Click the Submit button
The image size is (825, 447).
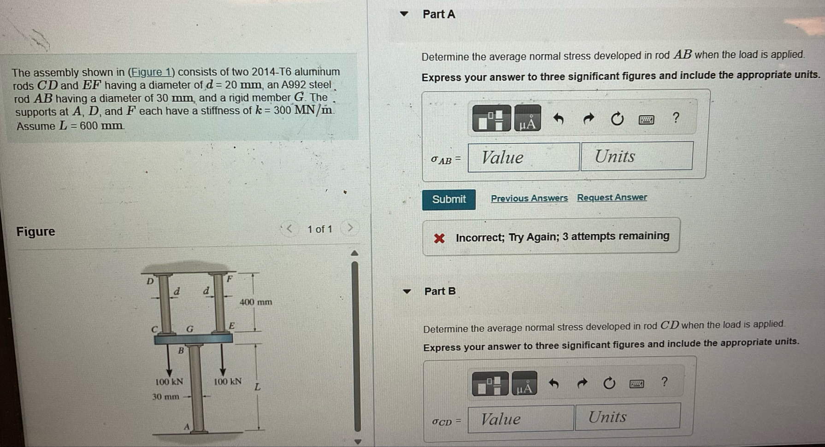[449, 200]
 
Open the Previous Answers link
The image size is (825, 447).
[529, 198]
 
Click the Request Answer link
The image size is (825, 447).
[612, 197]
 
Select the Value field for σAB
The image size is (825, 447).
[524, 158]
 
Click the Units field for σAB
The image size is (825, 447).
[637, 156]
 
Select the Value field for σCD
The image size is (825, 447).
[521, 419]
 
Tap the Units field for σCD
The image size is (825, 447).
[628, 417]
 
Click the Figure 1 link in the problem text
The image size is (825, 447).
[151, 72]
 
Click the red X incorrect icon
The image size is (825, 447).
[439, 238]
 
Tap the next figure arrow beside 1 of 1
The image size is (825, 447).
[350, 228]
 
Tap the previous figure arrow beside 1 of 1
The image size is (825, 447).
[289, 229]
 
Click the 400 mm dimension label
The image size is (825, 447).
[256, 302]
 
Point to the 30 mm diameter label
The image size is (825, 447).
[166, 397]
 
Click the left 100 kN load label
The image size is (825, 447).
[169, 382]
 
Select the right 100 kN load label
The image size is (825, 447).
[228, 382]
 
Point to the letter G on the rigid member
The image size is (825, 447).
[190, 329]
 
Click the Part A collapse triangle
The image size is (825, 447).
[404, 14]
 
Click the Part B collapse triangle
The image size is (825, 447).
[407, 291]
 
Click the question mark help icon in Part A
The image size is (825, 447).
[676, 118]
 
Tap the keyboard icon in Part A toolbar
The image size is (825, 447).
[646, 120]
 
